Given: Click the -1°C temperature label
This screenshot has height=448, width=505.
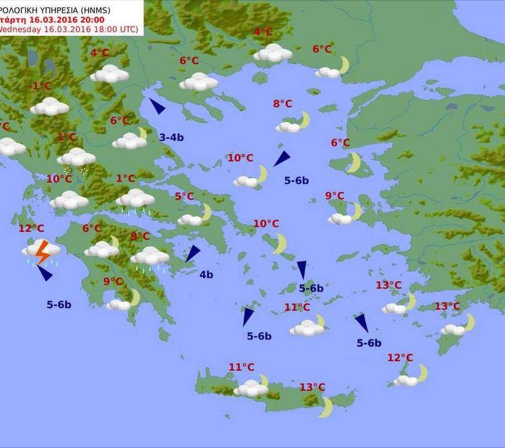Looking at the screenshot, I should click(41, 86).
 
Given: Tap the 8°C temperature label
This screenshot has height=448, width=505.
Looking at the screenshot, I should click(283, 104).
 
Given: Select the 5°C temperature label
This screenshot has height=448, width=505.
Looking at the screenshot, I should click(184, 197).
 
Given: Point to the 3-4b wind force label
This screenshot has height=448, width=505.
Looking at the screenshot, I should click(171, 137).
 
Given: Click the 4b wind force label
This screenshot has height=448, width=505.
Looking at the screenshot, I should click(206, 275).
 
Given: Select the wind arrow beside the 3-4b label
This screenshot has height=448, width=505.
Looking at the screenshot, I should click(157, 106).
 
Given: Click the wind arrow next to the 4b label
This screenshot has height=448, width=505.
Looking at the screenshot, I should click(193, 253).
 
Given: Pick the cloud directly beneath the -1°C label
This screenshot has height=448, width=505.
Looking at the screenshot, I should click(49, 107).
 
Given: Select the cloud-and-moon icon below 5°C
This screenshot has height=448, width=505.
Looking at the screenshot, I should click(195, 216).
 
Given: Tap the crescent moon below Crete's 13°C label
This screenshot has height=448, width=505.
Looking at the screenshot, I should click(326, 407).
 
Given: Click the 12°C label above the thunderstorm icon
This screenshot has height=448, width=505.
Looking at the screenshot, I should click(31, 229).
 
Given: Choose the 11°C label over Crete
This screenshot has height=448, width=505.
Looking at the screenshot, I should click(241, 367).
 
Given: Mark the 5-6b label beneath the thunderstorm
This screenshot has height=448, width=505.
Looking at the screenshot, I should click(59, 304).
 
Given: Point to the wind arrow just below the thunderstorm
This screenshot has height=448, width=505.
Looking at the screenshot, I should click(45, 273).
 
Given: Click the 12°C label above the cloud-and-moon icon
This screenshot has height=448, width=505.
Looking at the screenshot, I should click(400, 358).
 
